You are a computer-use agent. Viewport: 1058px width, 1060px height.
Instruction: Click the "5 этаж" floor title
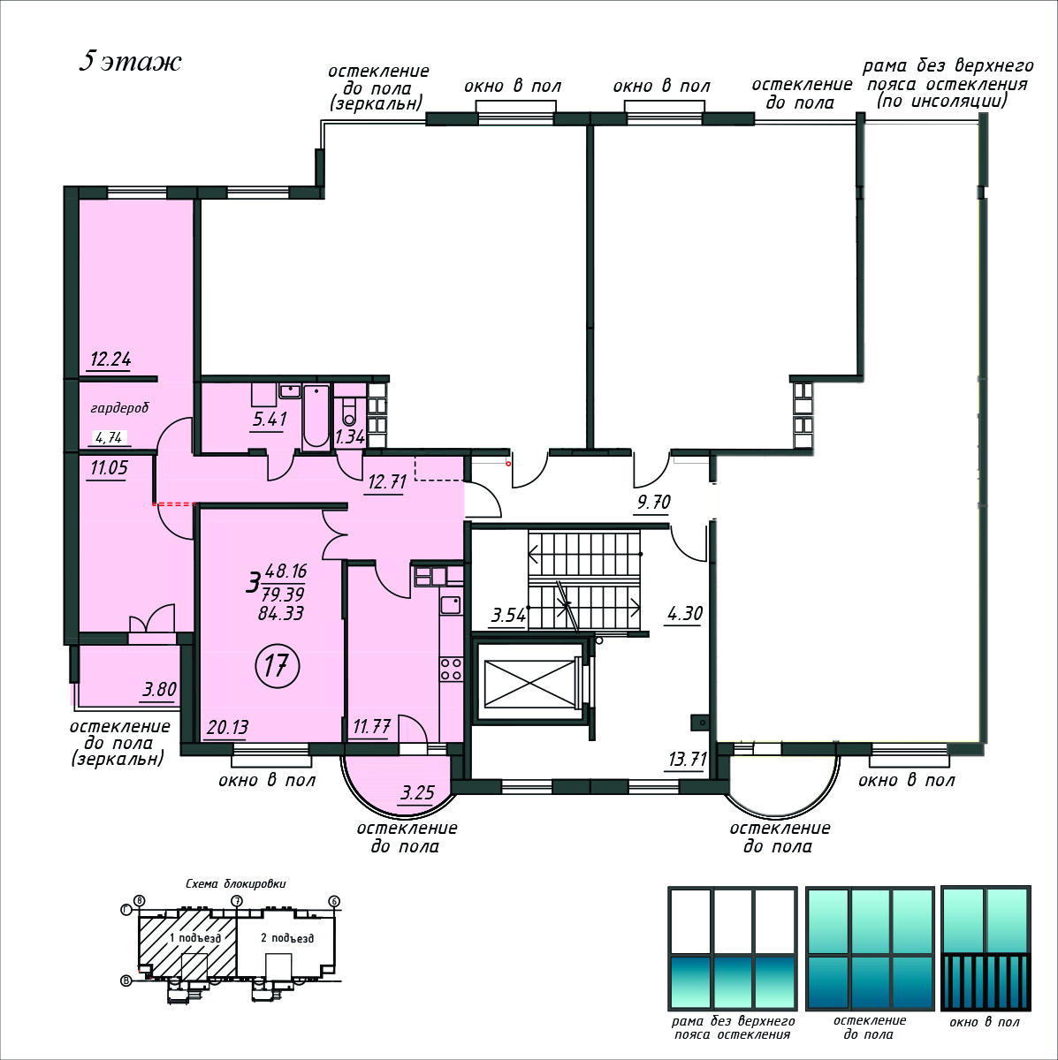coord(131,62)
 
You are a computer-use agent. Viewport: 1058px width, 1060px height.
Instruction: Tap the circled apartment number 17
coord(277,666)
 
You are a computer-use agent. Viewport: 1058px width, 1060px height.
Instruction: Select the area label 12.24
coord(110,360)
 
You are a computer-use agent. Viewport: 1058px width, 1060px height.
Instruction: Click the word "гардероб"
coord(119,408)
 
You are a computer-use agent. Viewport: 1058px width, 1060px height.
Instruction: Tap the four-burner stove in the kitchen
coord(451,669)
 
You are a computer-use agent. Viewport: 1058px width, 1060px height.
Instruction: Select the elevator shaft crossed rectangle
coord(529,683)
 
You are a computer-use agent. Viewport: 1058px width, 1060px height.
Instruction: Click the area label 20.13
coord(227,727)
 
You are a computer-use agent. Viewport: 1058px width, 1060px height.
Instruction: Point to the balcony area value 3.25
coord(417,792)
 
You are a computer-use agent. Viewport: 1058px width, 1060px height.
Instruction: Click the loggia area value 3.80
coord(160,689)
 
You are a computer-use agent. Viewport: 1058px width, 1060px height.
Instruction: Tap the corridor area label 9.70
coord(653,502)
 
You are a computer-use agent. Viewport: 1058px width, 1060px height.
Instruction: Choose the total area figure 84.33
coord(281,613)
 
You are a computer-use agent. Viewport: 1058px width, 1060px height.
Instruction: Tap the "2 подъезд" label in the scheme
coord(287,938)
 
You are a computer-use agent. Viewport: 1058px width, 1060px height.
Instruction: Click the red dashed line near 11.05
coord(174,503)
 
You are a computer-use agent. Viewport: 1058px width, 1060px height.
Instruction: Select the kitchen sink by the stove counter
coord(450,605)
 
